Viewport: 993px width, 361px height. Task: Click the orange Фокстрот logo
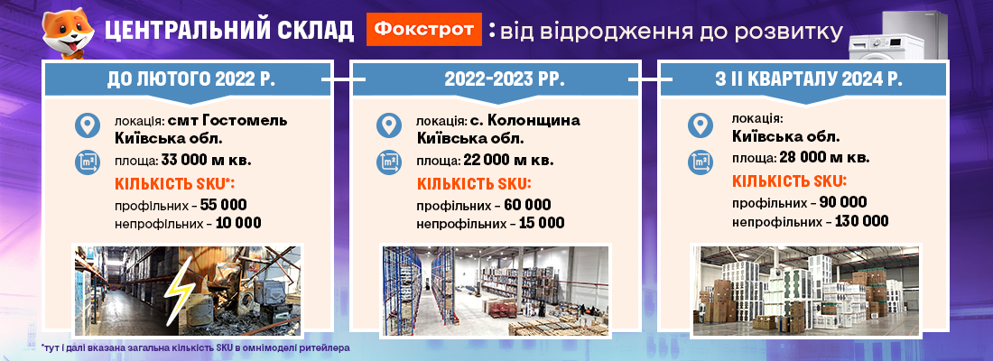pyautogui.click(x=423, y=29)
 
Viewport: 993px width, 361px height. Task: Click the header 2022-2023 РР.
pyautogui.click(x=496, y=79)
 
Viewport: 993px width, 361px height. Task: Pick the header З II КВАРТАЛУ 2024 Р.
pyautogui.click(x=804, y=79)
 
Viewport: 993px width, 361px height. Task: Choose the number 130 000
pyautogui.click(x=861, y=222)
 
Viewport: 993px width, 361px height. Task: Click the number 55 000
pyautogui.click(x=222, y=205)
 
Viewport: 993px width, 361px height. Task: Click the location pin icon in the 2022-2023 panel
pyautogui.click(x=389, y=125)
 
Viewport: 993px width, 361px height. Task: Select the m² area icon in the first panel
pyautogui.click(x=88, y=162)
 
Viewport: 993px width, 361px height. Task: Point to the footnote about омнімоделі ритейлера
pyautogui.click(x=195, y=347)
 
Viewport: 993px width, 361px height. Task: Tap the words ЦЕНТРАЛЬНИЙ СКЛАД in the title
pyautogui.click(x=229, y=31)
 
